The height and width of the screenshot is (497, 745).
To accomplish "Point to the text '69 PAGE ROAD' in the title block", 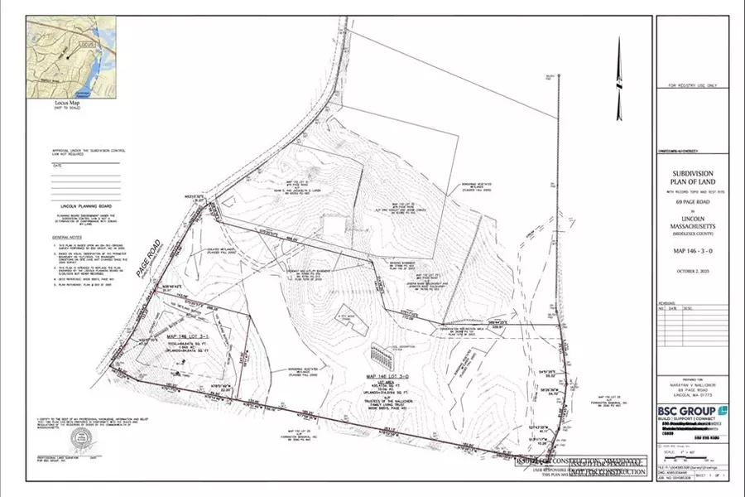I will (692, 202).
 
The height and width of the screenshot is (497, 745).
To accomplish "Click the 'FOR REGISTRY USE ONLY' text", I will (692, 85).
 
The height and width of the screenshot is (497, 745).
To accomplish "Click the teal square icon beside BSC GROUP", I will (723, 410).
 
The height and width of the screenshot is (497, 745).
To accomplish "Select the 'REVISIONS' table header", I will (667, 303).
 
